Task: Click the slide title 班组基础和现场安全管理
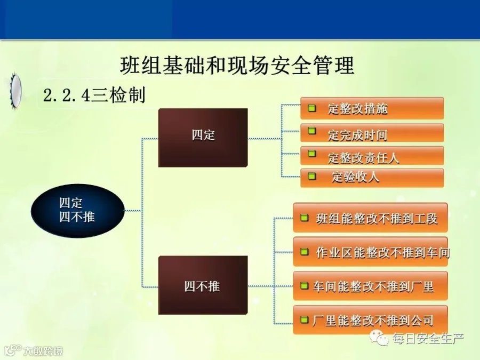tap(237, 65)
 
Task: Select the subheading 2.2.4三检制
tap(94, 95)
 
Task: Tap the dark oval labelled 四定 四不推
tap(78, 211)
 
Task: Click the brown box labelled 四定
tap(203, 138)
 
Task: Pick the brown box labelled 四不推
tap(203, 285)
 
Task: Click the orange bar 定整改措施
tap(372, 108)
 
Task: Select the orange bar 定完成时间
tap(372, 133)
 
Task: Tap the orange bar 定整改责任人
tap(372, 156)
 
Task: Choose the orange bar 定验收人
tap(372, 178)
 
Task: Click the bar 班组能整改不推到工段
tap(371, 218)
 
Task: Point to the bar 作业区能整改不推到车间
tap(371, 251)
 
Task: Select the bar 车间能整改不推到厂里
tap(371, 286)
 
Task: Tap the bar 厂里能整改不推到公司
tap(371, 319)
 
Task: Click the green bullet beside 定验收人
tap(311, 176)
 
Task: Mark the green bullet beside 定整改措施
tap(311, 108)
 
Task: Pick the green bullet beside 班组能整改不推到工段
tap(304, 218)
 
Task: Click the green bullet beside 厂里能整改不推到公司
tap(304, 319)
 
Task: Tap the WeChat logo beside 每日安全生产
tap(379, 338)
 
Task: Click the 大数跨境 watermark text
tap(43, 351)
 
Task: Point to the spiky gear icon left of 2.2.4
tap(15, 91)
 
